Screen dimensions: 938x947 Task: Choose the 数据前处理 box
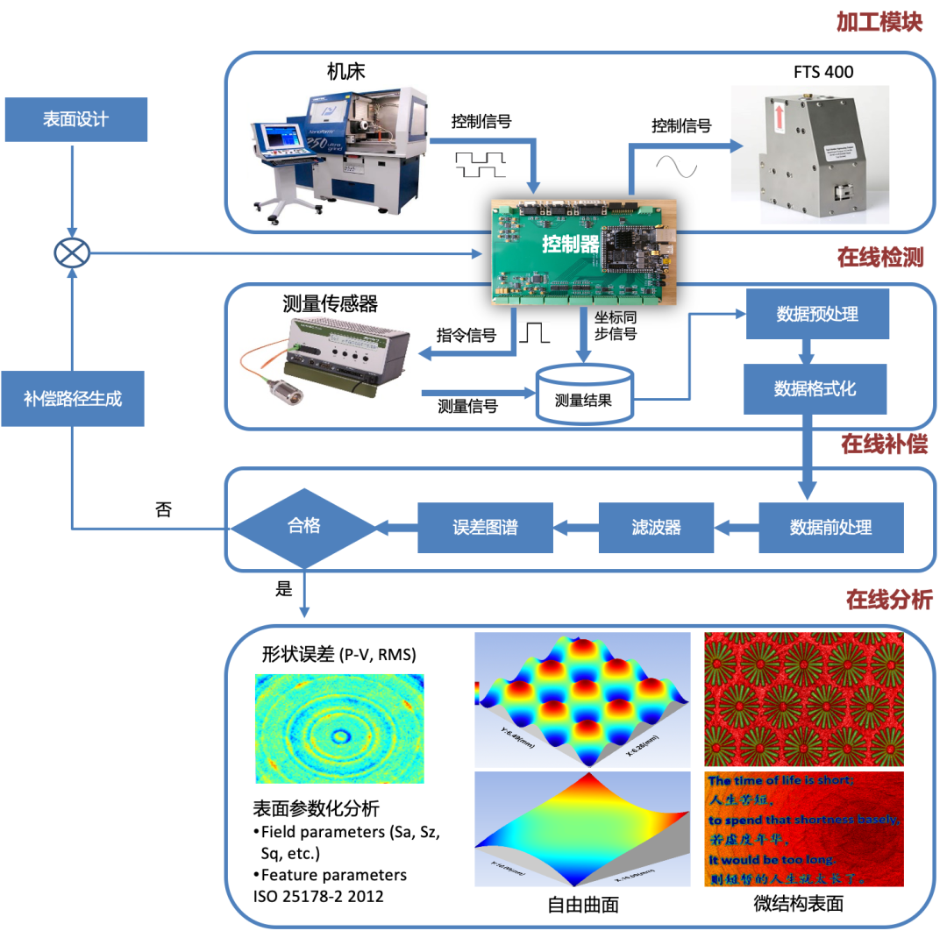830,527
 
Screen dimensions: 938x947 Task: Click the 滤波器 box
656,527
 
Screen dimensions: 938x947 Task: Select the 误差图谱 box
485,527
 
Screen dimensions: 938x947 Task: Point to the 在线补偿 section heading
884,444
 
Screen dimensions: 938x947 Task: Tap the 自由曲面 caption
582,904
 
